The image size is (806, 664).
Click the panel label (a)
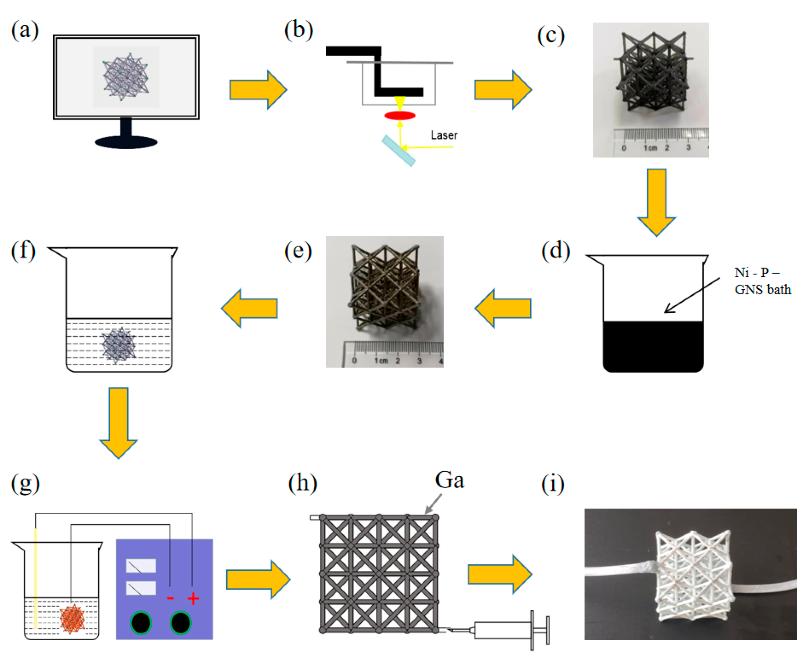click(x=25, y=31)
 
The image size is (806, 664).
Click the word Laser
click(x=444, y=135)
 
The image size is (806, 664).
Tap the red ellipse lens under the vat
click(x=400, y=116)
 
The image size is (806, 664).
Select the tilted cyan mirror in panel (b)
click(x=398, y=151)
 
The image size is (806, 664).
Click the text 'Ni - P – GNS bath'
click(x=762, y=281)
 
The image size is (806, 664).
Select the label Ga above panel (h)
click(x=449, y=480)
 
